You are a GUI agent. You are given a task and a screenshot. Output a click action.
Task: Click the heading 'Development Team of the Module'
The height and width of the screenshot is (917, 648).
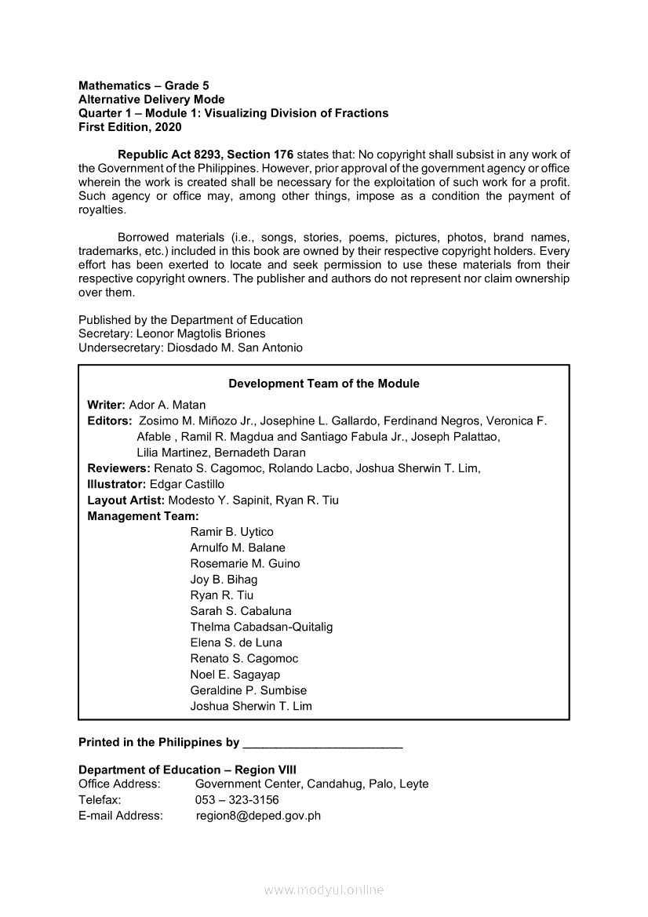tap(323, 384)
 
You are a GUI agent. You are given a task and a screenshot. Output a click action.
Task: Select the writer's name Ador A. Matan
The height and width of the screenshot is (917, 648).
tap(167, 405)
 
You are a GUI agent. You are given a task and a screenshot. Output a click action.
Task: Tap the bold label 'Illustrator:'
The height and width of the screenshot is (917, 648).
tap(117, 484)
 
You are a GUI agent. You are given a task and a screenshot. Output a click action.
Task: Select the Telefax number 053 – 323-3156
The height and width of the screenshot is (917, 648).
tap(237, 799)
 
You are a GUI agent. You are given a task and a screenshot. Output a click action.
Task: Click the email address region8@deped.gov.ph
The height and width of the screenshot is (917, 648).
tap(258, 815)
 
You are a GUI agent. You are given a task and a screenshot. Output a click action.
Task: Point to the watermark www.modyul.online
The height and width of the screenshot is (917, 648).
tap(324, 890)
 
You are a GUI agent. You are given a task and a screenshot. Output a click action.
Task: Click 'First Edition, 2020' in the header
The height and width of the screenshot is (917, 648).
tap(129, 127)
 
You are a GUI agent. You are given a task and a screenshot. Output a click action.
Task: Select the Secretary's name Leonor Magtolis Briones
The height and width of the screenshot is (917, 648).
tap(202, 333)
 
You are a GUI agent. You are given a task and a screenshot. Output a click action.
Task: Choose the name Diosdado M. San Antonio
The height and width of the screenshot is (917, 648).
tap(235, 348)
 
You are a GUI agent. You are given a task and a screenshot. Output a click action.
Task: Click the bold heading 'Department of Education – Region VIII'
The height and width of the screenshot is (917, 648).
tap(187, 770)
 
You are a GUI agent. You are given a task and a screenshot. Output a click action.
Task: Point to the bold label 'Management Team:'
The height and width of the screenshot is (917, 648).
tap(143, 516)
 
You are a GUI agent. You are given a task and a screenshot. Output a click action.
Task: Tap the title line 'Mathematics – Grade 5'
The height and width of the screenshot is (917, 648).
tap(144, 86)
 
